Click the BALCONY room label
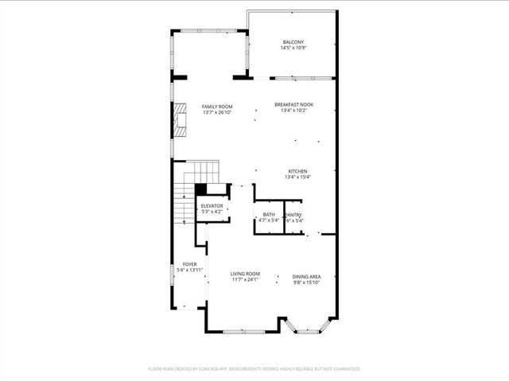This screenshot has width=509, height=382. [x=293, y=42]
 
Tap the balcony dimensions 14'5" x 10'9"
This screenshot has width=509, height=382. [x=293, y=49]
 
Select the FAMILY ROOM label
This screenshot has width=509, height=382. [x=216, y=107]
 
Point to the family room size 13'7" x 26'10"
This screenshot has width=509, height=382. [x=216, y=113]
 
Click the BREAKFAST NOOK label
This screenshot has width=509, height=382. [x=293, y=104]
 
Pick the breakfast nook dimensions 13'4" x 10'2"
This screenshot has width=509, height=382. [x=293, y=111]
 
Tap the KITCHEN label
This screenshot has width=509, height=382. [x=297, y=171]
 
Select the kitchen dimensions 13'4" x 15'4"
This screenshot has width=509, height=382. [x=297, y=177]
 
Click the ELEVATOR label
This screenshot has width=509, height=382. [x=212, y=206]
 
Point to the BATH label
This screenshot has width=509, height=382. [x=269, y=214]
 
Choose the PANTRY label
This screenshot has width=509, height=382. [x=293, y=214]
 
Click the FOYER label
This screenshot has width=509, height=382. [x=189, y=264]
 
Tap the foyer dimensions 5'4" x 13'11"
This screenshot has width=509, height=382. [x=189, y=271]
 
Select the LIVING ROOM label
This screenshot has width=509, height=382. [x=246, y=272]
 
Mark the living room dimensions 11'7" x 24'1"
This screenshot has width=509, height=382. [x=246, y=279]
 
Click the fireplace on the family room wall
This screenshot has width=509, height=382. [x=180, y=122]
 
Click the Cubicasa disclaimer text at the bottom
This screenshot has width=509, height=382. [x=254, y=368]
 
